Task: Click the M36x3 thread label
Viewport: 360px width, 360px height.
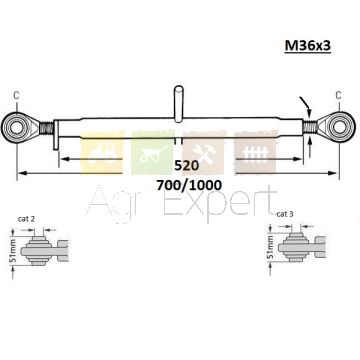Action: coord(307,46)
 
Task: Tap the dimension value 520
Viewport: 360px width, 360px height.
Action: coord(186,165)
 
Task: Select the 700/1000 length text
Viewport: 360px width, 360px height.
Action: coord(189,185)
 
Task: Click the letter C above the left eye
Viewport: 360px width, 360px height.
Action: coord(16,95)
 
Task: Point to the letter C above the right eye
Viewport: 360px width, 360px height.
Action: coord(338,95)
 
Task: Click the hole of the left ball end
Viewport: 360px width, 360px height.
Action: coord(16,128)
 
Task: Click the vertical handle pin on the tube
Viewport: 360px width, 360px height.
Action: coord(179,103)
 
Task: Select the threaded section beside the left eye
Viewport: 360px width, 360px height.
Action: coord(46,128)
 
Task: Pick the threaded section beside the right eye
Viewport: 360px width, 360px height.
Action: coord(310,127)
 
